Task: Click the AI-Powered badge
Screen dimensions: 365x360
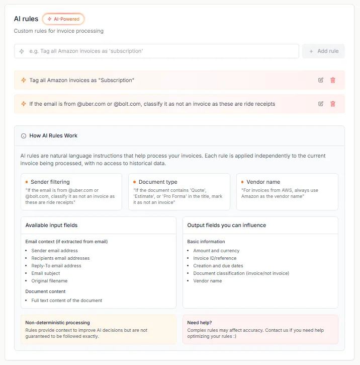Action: tap(63, 19)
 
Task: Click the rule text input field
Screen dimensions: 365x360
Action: tap(156, 51)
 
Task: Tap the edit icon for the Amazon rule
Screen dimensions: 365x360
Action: tap(321, 80)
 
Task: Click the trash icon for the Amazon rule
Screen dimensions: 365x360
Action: tap(332, 80)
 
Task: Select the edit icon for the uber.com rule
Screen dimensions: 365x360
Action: tap(321, 104)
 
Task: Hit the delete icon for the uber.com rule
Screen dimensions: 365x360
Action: tap(332, 104)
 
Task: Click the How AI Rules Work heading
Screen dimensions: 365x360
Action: tap(53, 135)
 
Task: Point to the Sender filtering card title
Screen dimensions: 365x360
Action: tap(50, 182)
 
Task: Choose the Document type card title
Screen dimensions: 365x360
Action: tap(158, 182)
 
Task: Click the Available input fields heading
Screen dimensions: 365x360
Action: tap(51, 225)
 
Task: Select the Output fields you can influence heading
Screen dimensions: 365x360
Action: tap(227, 225)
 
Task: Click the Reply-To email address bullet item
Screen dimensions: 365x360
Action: tap(56, 265)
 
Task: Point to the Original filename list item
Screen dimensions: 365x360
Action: tap(49, 280)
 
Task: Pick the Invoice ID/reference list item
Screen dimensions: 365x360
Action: tap(215, 258)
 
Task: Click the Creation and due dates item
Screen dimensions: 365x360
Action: tap(218, 265)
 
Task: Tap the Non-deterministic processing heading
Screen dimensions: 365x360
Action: tap(57, 322)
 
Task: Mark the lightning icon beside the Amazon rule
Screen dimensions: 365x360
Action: tap(24, 80)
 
